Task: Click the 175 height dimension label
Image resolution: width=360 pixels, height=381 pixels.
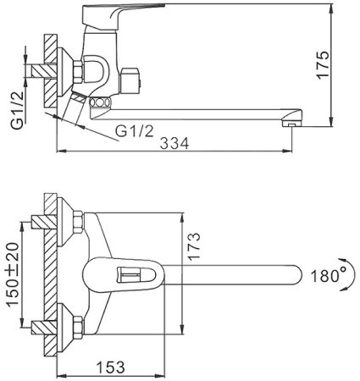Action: [323, 65]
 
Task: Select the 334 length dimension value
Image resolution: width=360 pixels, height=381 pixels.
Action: [174, 143]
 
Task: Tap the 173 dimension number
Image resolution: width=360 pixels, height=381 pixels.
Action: [194, 246]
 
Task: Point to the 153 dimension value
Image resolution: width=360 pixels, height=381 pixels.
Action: [110, 367]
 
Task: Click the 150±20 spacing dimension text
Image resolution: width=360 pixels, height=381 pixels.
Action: [13, 274]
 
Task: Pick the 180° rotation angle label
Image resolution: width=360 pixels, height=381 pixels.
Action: [329, 276]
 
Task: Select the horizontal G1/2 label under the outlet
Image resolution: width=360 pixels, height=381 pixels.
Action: [135, 131]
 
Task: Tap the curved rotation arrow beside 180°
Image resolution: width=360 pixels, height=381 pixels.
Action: [350, 273]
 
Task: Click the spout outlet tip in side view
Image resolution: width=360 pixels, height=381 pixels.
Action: [291, 123]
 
